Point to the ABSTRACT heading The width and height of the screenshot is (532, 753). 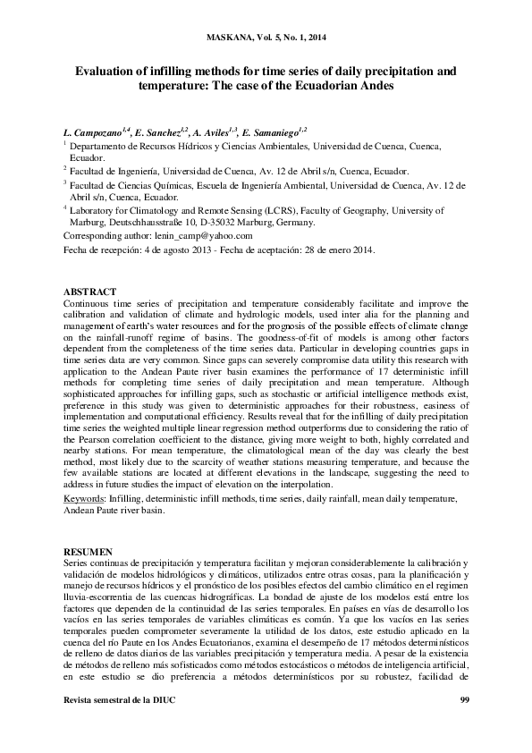89,292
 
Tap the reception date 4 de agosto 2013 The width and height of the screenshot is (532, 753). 173,250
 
